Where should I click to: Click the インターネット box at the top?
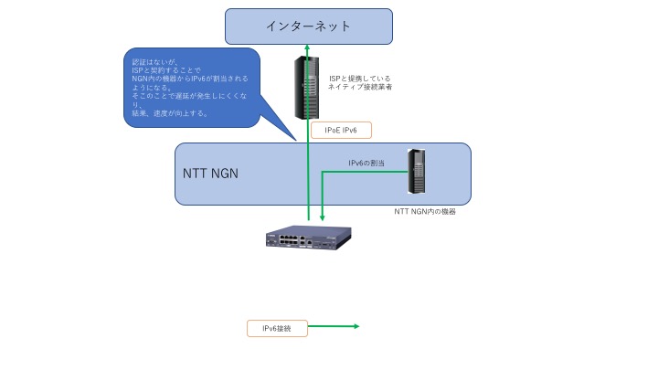(x=308, y=26)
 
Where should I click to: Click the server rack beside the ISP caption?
(x=303, y=87)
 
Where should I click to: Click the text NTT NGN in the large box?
(x=211, y=174)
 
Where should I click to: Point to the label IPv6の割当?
(x=366, y=162)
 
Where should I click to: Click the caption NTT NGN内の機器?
(x=424, y=211)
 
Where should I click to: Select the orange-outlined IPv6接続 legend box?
(x=277, y=327)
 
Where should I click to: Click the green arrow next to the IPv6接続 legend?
(x=335, y=327)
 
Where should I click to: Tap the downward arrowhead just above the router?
(x=322, y=218)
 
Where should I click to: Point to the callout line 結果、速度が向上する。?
(x=170, y=114)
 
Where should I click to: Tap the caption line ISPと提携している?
(x=359, y=79)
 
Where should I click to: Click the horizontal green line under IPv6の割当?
(x=366, y=169)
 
